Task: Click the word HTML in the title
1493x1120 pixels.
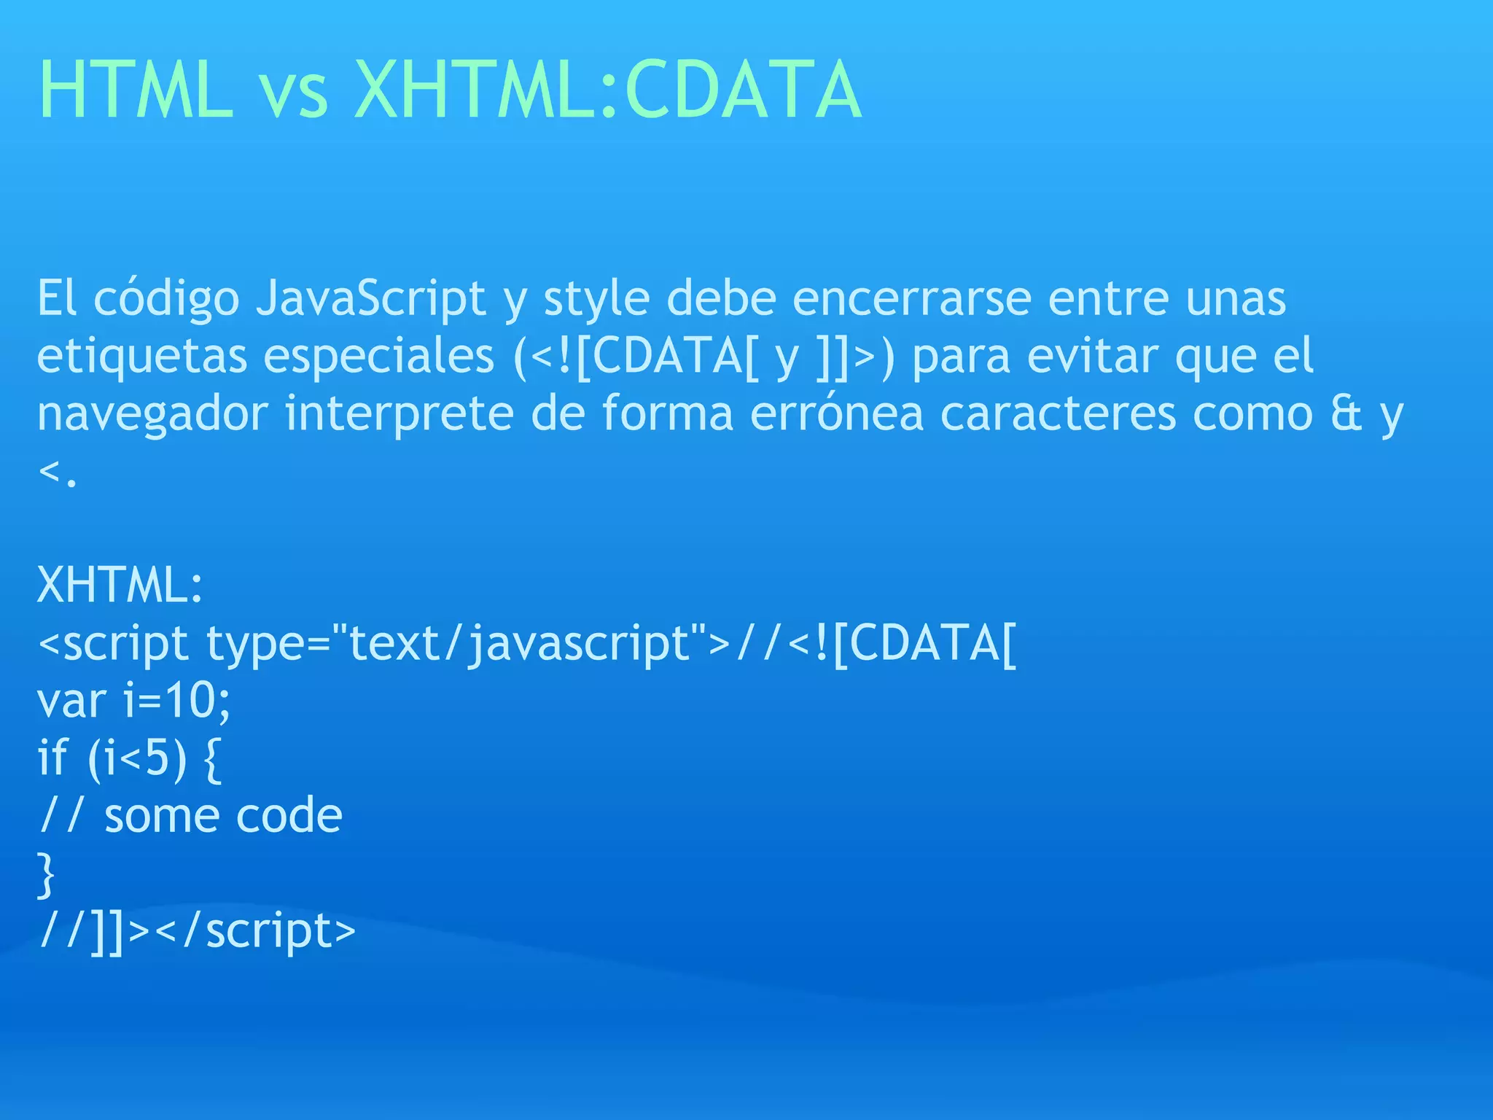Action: point(136,90)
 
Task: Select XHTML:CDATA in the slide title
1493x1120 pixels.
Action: point(607,90)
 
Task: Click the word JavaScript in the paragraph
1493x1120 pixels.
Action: point(371,299)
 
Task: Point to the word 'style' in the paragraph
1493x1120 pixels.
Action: point(596,299)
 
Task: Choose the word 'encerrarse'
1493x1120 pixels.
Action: point(911,299)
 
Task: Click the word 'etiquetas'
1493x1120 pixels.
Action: point(141,357)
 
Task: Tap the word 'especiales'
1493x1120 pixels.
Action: point(378,357)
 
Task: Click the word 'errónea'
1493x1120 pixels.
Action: point(836,413)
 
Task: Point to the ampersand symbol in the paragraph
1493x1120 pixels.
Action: point(1346,413)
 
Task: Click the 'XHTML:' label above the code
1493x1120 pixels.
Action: point(120,586)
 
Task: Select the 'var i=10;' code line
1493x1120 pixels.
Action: point(133,701)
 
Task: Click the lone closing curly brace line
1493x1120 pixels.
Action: point(46,874)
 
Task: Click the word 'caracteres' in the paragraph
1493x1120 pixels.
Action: point(1058,415)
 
